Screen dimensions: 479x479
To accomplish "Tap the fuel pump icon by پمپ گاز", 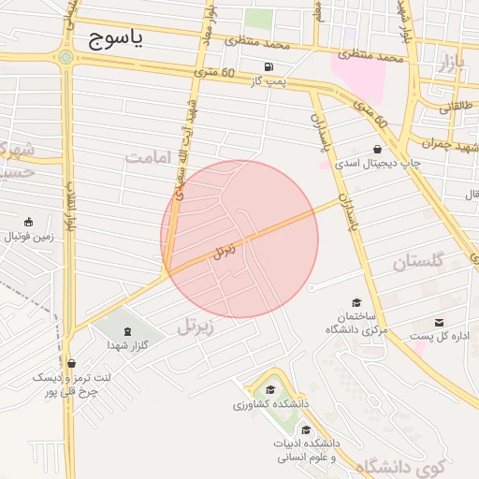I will click(269, 67).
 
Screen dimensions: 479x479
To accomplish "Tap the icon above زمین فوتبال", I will click(30, 222).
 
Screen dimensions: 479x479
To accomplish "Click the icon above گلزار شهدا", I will click(128, 331).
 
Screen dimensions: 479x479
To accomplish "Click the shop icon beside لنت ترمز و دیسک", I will click(72, 363).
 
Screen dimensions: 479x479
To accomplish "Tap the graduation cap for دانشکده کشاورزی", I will click(269, 390).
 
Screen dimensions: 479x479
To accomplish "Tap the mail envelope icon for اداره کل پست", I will click(439, 323).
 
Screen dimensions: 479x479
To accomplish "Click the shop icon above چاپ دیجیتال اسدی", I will click(378, 149).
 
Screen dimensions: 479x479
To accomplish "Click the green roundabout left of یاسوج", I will click(65, 57).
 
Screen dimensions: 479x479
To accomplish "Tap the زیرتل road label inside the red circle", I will click(225, 250).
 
